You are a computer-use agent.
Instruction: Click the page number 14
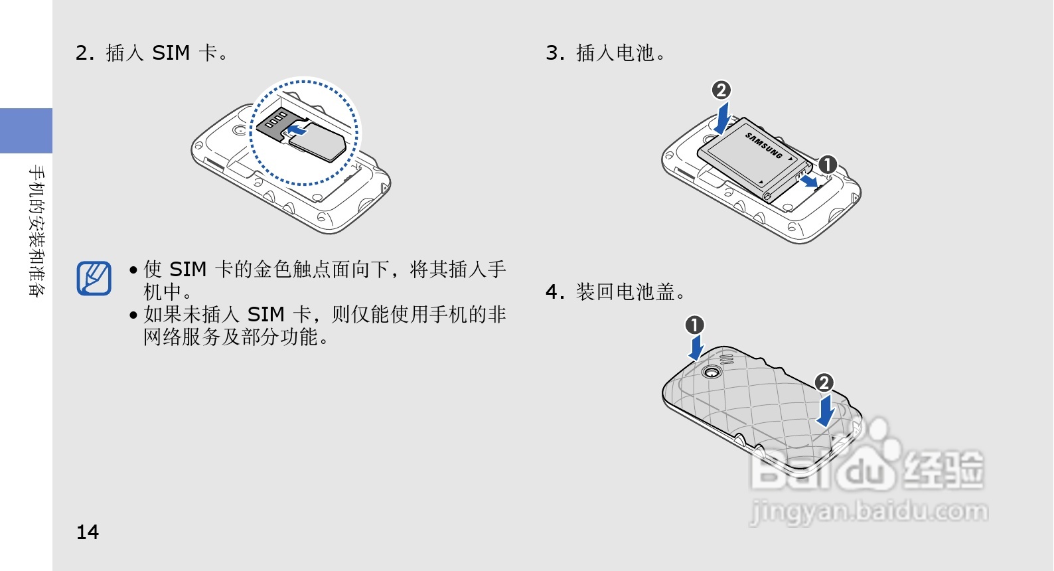pyautogui.click(x=88, y=532)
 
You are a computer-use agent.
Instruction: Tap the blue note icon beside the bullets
pyautogui.click(x=94, y=278)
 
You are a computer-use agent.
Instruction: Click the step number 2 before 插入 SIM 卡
pyautogui.click(x=84, y=52)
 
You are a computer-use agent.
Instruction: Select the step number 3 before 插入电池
pyautogui.click(x=554, y=52)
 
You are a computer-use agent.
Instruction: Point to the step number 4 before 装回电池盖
pyautogui.click(x=554, y=291)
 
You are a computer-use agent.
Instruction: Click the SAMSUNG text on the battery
pyautogui.click(x=764, y=145)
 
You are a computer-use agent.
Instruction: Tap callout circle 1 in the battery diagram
pyautogui.click(x=827, y=165)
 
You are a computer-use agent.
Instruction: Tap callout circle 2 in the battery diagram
pyautogui.click(x=721, y=90)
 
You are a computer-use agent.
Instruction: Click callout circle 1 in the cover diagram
pyautogui.click(x=694, y=325)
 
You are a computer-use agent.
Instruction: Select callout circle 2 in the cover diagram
pyautogui.click(x=824, y=382)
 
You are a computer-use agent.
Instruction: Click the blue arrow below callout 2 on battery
pyautogui.click(x=721, y=118)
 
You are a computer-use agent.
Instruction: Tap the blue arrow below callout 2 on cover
pyautogui.click(x=826, y=410)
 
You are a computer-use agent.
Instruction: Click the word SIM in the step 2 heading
pyautogui.click(x=171, y=52)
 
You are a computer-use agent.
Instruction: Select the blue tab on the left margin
pyautogui.click(x=26, y=131)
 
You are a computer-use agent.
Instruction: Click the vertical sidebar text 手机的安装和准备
pyautogui.click(x=37, y=230)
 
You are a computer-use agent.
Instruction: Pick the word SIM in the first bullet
pyautogui.click(x=188, y=270)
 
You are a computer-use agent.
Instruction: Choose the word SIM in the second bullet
pyautogui.click(x=265, y=314)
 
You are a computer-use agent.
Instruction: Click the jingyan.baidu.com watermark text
pyautogui.click(x=869, y=512)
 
